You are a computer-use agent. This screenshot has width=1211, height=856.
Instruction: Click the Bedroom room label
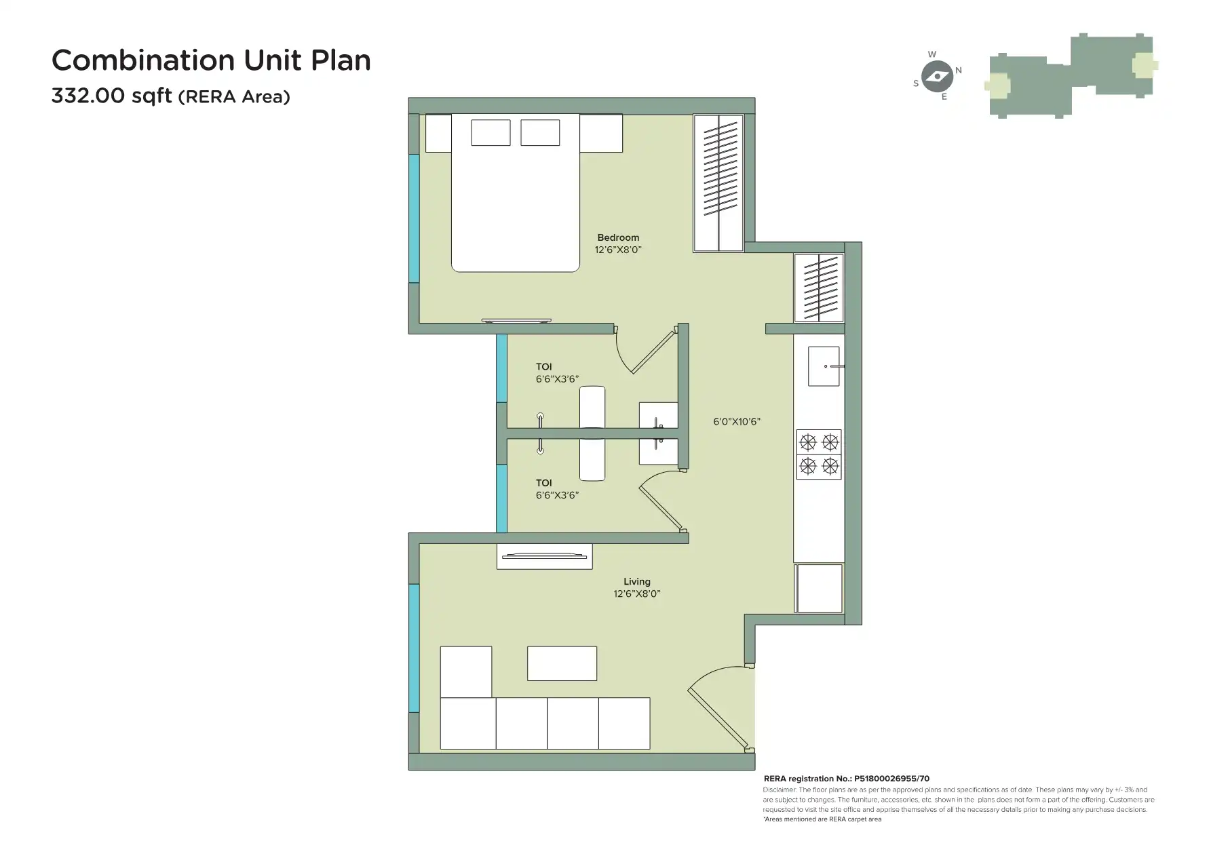[617, 237]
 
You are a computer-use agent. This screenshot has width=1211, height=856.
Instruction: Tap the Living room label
[636, 581]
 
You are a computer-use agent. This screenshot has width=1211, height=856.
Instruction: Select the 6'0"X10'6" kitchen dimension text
[736, 421]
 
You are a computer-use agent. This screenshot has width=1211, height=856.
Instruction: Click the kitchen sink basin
[823, 366]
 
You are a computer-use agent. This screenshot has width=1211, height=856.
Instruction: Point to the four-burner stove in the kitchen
[819, 454]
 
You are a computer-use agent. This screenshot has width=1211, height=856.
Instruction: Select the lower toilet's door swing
[661, 502]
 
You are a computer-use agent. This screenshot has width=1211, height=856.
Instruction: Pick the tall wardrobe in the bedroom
[718, 183]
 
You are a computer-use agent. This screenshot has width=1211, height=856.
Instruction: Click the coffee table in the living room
[562, 663]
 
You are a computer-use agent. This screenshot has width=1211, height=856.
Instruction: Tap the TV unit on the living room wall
[544, 556]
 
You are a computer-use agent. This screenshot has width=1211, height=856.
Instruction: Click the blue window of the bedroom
[413, 218]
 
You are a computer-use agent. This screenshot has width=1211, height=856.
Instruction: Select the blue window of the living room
[413, 648]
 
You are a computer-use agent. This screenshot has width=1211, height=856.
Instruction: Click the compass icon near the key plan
[938, 76]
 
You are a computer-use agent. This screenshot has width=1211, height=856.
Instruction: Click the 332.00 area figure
[88, 96]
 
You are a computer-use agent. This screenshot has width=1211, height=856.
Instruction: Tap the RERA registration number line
[846, 779]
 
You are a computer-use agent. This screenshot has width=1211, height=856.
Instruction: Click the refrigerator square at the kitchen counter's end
[819, 588]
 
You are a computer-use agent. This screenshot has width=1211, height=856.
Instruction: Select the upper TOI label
[543, 367]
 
